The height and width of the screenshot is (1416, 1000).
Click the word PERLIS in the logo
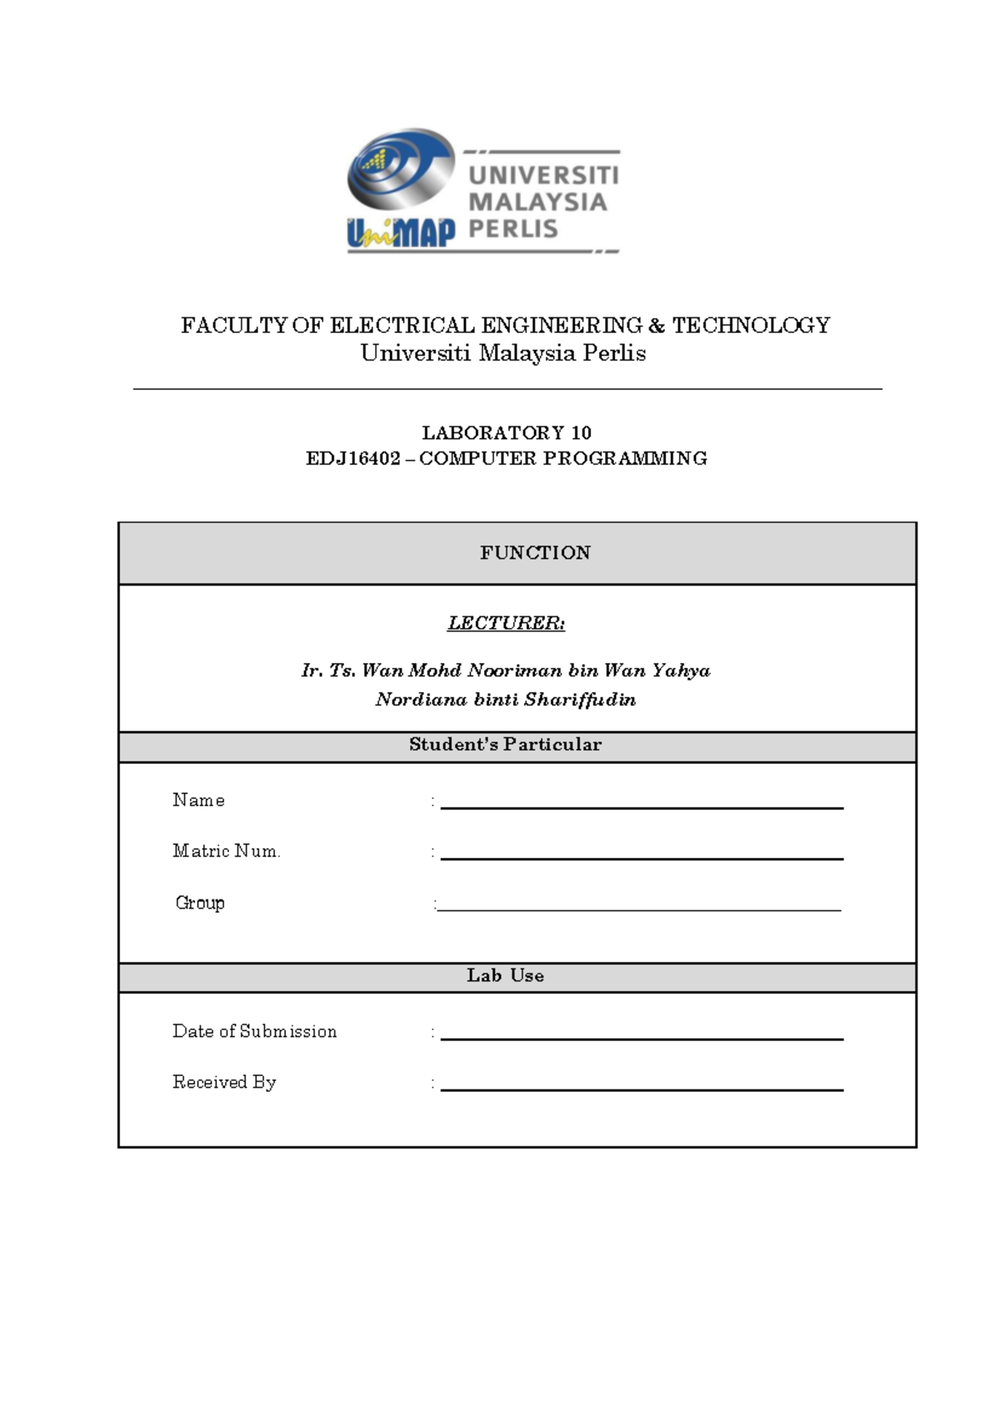pos(512,228)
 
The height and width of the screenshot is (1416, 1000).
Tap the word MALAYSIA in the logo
pos(537,202)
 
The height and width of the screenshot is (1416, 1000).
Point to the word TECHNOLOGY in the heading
pos(751,325)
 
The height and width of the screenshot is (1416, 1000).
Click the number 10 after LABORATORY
pos(581,432)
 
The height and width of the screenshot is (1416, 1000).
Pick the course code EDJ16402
pos(353,458)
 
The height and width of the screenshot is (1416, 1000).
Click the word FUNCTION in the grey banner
pos(535,552)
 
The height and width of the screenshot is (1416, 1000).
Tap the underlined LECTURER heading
pos(506,623)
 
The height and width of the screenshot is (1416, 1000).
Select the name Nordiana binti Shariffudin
pos(506,699)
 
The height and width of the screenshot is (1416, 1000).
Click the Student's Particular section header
pos(505,745)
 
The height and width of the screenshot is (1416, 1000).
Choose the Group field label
pos(200,903)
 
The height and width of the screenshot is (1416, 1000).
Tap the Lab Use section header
pos(505,975)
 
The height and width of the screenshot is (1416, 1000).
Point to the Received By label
pos(224,1082)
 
